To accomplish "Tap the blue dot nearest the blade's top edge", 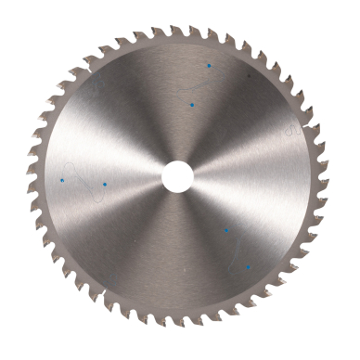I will tap(210, 66).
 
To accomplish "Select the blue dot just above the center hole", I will tap(191, 106).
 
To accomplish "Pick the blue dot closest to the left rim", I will tap(62, 179).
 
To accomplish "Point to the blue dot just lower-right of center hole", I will tap(225, 229).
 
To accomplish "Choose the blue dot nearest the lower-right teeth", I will tap(248, 268).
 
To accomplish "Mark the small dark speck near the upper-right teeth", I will tap(249, 75).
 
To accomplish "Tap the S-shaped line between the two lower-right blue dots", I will tap(238, 249).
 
